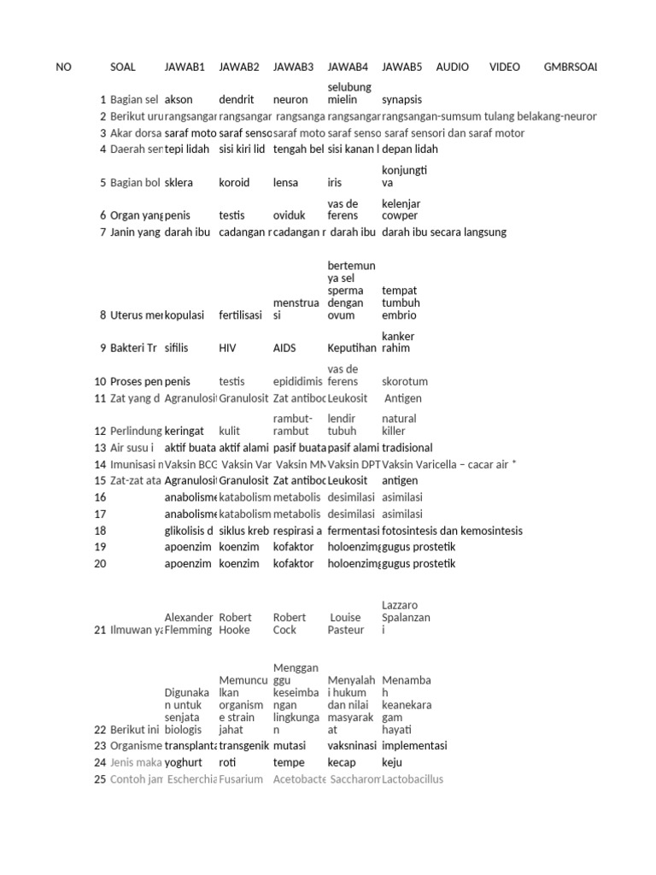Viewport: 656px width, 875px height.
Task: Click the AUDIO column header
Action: tap(452, 67)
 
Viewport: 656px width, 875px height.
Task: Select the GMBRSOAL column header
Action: tap(570, 67)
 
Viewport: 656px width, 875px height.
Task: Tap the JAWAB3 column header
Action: tap(293, 67)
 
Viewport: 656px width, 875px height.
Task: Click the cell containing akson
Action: tap(179, 100)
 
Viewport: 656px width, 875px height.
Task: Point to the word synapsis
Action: tap(402, 100)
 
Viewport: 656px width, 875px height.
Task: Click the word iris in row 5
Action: tap(336, 183)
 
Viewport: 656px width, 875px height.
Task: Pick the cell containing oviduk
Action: tap(290, 216)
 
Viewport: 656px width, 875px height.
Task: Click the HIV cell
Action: tap(228, 349)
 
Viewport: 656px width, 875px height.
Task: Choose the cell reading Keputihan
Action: tap(352, 349)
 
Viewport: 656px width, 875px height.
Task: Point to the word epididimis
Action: tap(298, 382)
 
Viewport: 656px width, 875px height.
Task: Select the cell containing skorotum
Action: tap(405, 382)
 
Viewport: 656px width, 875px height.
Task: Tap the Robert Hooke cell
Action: tap(236, 624)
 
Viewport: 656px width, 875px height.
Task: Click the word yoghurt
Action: tap(183, 762)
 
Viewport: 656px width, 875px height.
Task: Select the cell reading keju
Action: tap(392, 762)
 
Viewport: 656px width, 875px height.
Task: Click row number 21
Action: tap(100, 630)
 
